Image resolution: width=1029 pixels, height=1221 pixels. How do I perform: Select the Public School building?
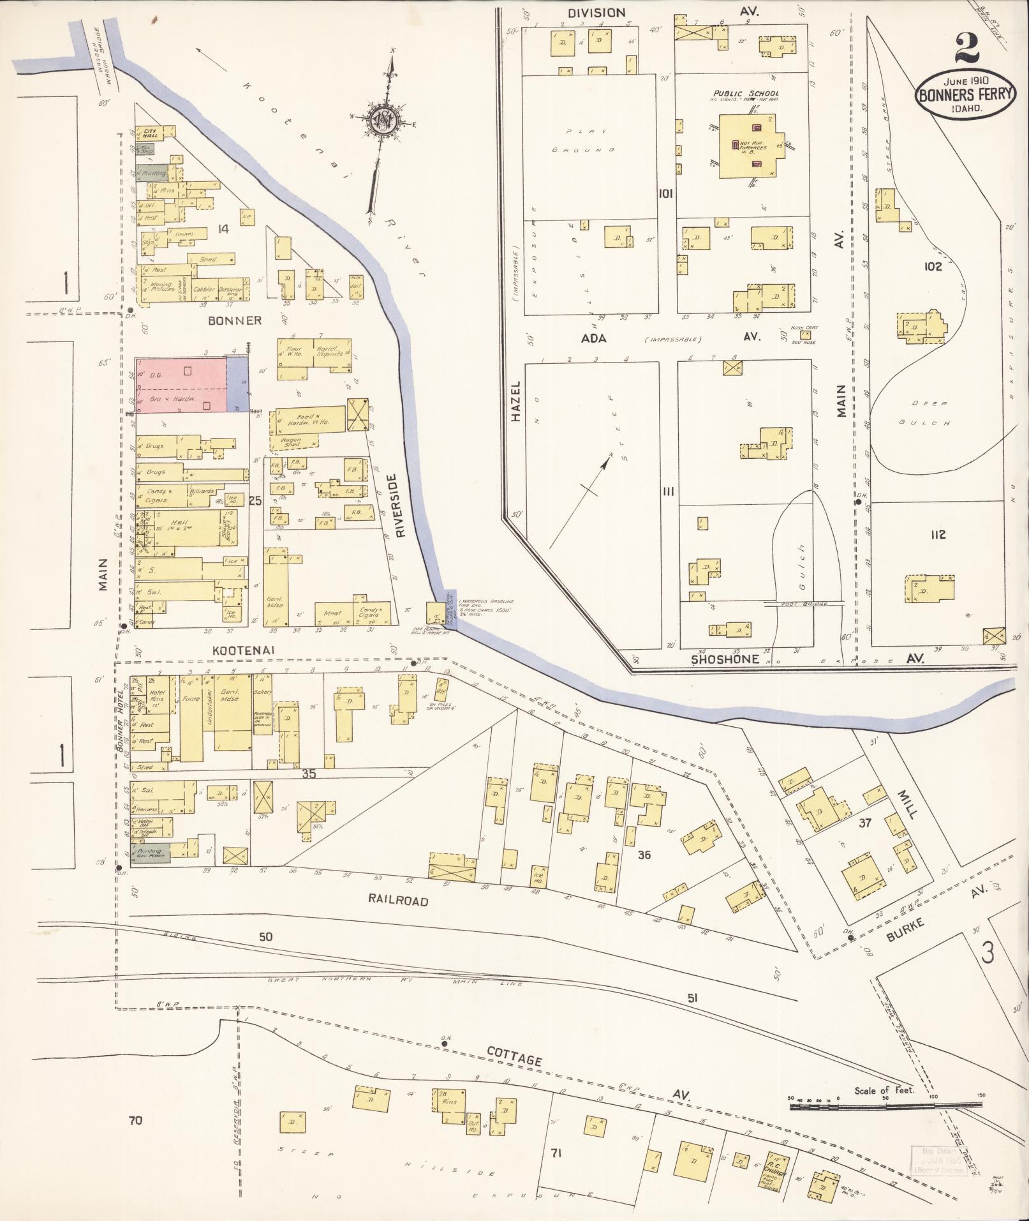[748, 146]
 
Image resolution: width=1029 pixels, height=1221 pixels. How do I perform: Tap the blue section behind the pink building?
[238, 384]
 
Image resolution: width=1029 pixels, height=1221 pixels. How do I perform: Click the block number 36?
[644, 854]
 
